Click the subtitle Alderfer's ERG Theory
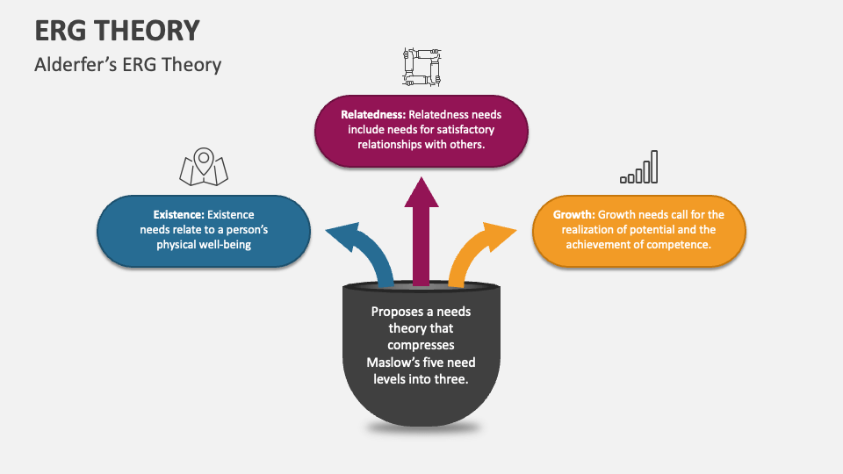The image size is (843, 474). [x=128, y=65]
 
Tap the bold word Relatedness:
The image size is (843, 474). [x=373, y=114]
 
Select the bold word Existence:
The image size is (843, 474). [x=178, y=214]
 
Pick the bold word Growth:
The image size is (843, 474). [x=573, y=214]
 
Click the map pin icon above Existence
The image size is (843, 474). [x=203, y=167]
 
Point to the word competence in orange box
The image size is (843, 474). [x=680, y=245]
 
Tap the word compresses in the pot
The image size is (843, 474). [x=421, y=345]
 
